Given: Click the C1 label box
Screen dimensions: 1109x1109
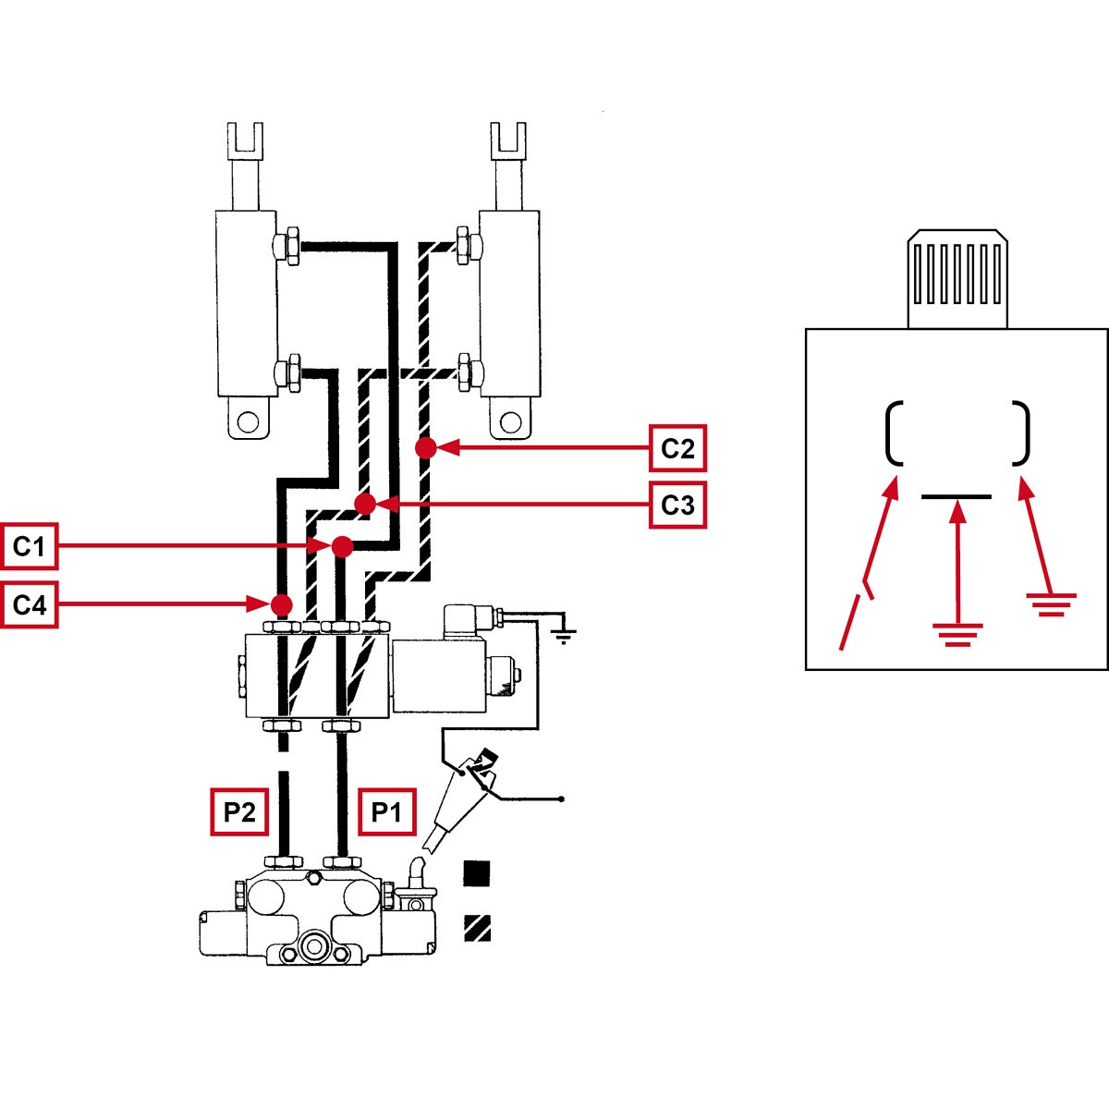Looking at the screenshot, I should coord(29,547).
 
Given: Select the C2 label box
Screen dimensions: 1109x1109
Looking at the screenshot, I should coord(677,449).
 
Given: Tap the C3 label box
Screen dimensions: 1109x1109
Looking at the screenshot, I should coord(677,506).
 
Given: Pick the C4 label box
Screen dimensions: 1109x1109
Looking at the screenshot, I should coord(29,604).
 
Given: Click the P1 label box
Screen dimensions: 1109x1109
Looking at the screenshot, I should coord(386,812).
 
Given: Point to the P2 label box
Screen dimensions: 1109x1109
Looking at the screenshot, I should coord(239,812).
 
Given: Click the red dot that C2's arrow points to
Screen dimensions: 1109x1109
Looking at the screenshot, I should coord(425,448).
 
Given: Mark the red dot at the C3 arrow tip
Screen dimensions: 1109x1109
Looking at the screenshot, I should coord(365,504).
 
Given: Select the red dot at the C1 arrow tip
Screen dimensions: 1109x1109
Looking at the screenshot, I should coord(342,546).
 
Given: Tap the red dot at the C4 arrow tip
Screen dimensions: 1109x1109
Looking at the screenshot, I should coord(282,604).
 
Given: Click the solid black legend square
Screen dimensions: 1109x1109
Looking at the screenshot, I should coord(477,872).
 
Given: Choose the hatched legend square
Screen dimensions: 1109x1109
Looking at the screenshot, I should coord(477,927).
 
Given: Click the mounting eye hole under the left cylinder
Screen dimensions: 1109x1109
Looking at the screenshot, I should coord(247,423).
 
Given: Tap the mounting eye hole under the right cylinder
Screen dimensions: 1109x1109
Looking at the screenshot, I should coord(508,423).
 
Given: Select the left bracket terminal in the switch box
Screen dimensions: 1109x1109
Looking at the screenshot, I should coord(893,433).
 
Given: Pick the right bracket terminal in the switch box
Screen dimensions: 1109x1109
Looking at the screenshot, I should coord(1021,433).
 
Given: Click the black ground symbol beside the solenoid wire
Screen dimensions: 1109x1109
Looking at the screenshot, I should coord(564,633).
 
